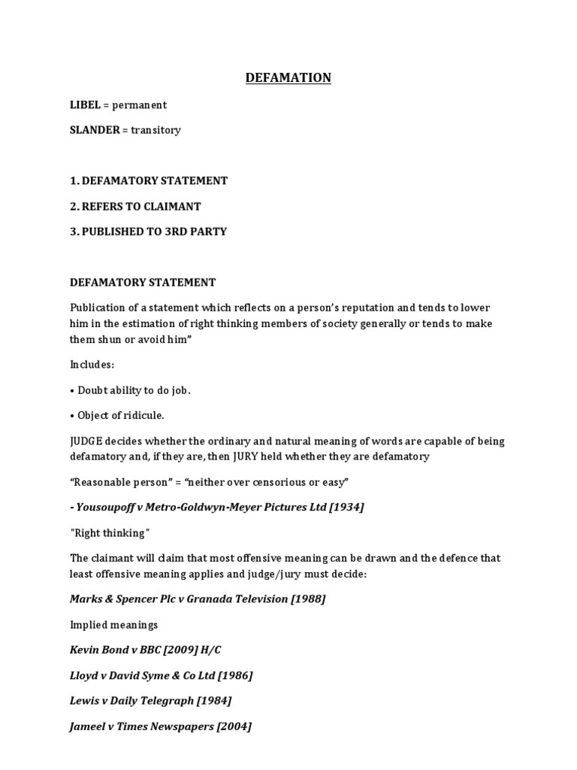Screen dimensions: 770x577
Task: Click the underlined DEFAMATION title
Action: pos(288,77)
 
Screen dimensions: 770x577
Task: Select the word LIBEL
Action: pos(85,105)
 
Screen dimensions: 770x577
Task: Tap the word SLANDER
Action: pos(95,130)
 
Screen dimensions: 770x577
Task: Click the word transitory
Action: pos(156,130)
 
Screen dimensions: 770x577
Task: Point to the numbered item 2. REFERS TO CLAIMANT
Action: pos(135,206)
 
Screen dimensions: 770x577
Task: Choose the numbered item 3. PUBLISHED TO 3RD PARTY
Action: pos(148,232)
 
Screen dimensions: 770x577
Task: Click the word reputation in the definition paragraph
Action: pos(385,308)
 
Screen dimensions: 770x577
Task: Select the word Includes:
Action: pos(92,364)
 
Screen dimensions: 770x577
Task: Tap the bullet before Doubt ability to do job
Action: pos(72,390)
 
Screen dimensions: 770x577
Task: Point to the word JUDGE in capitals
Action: pos(88,441)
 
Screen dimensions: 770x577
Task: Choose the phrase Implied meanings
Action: pos(114,624)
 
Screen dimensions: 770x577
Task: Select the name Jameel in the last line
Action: pos(89,726)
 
